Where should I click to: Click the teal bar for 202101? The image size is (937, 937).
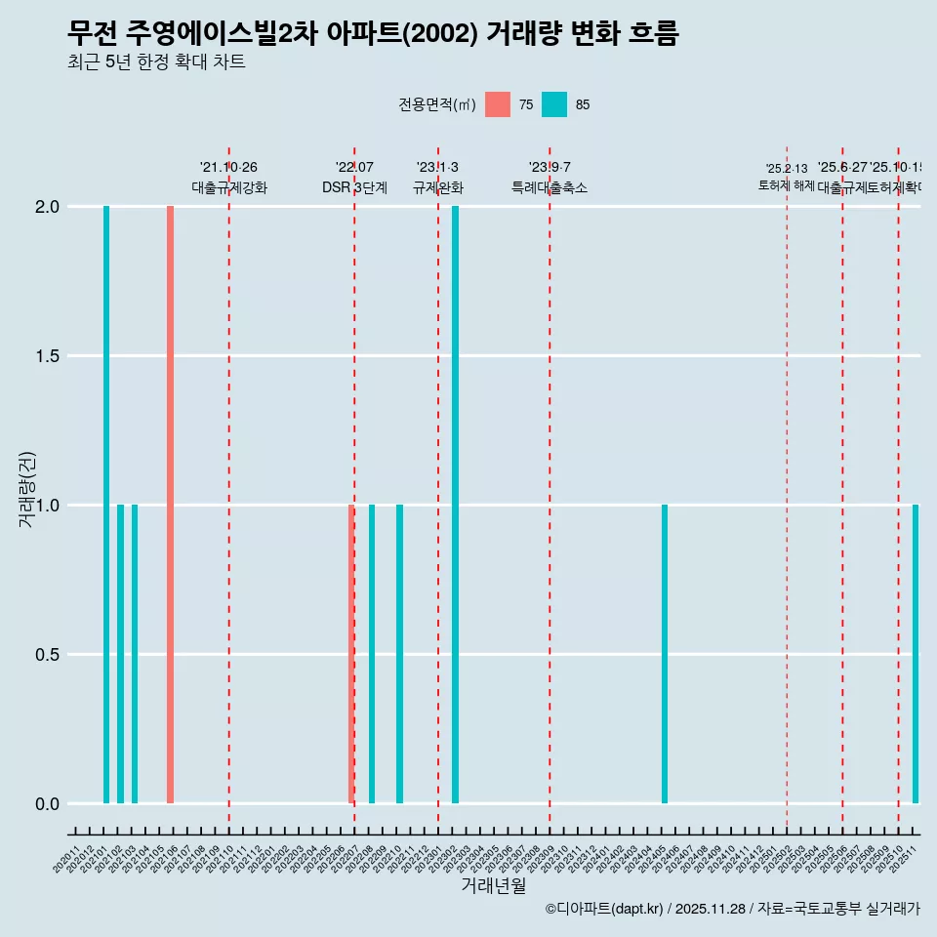[x=106, y=505]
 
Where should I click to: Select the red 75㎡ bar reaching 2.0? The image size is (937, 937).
[x=170, y=505]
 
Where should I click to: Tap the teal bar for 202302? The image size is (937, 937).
[x=455, y=505]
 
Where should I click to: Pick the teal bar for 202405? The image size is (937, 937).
[x=665, y=654]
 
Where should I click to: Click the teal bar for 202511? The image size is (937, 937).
[x=916, y=654]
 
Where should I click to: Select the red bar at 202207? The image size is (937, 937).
[x=351, y=654]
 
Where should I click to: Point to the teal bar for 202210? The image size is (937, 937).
[x=399, y=654]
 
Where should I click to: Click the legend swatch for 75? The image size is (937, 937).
[x=498, y=104]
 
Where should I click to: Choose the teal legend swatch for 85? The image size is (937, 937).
[x=554, y=104]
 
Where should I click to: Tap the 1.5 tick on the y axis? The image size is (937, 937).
[x=46, y=356]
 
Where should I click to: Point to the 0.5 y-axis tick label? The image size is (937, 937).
[x=46, y=655]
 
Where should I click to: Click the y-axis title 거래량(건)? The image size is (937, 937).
[x=27, y=490]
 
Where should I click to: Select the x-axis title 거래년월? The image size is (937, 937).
[x=493, y=886]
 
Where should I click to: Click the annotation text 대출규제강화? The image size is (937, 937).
[x=229, y=187]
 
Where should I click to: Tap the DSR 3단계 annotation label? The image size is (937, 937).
[x=354, y=187]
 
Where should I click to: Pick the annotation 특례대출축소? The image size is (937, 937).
[x=550, y=187]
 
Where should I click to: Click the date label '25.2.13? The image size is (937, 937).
[x=787, y=169]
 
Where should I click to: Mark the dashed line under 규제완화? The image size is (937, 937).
[x=438, y=488]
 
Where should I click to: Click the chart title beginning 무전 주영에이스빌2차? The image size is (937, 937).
[x=373, y=34]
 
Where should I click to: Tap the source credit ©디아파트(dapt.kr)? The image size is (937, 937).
[x=605, y=909]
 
